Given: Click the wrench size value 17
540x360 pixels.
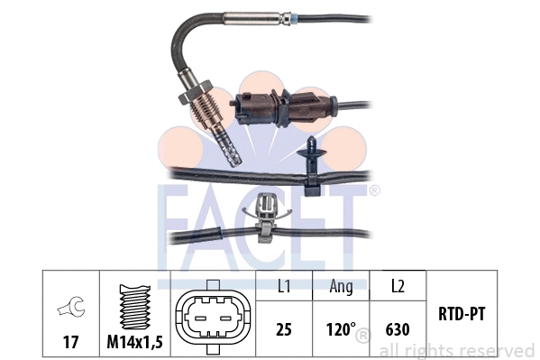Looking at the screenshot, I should (x=68, y=343).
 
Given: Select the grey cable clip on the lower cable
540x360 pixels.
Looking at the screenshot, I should (x=268, y=213).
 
